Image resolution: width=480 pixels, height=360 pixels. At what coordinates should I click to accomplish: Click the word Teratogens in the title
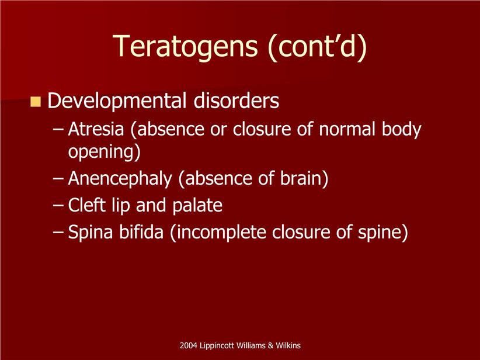coord(185,46)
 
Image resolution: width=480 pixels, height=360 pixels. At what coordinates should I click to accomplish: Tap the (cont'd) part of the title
coord(317,47)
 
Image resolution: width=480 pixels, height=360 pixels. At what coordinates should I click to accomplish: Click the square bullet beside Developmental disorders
coord(36,102)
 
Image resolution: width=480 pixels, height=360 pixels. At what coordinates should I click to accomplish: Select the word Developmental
coord(117,101)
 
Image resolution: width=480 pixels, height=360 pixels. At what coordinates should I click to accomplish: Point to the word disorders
coord(236,101)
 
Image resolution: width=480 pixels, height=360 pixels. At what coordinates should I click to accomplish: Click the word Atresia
coord(96,129)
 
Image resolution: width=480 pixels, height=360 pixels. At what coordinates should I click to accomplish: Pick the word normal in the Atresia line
coord(347,129)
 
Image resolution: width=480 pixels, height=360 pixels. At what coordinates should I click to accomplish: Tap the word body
coord(402,129)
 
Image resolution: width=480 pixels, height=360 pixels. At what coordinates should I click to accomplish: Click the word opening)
coord(104,152)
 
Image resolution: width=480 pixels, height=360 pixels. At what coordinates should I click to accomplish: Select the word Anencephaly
coord(120,179)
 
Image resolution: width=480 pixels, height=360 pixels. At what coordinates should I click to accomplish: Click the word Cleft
coord(87,205)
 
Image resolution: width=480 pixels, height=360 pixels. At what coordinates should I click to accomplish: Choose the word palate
coord(197,206)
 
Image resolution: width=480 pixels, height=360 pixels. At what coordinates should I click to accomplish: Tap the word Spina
coord(91,232)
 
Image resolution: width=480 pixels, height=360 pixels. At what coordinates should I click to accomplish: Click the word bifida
coord(141,231)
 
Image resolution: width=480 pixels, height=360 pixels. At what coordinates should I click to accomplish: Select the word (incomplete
coord(218,232)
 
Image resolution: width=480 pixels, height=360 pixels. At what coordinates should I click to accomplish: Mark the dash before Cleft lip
coord(58,205)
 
